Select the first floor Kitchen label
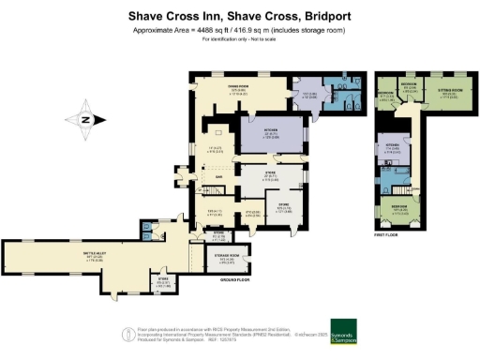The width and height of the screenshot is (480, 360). point(393,146)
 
